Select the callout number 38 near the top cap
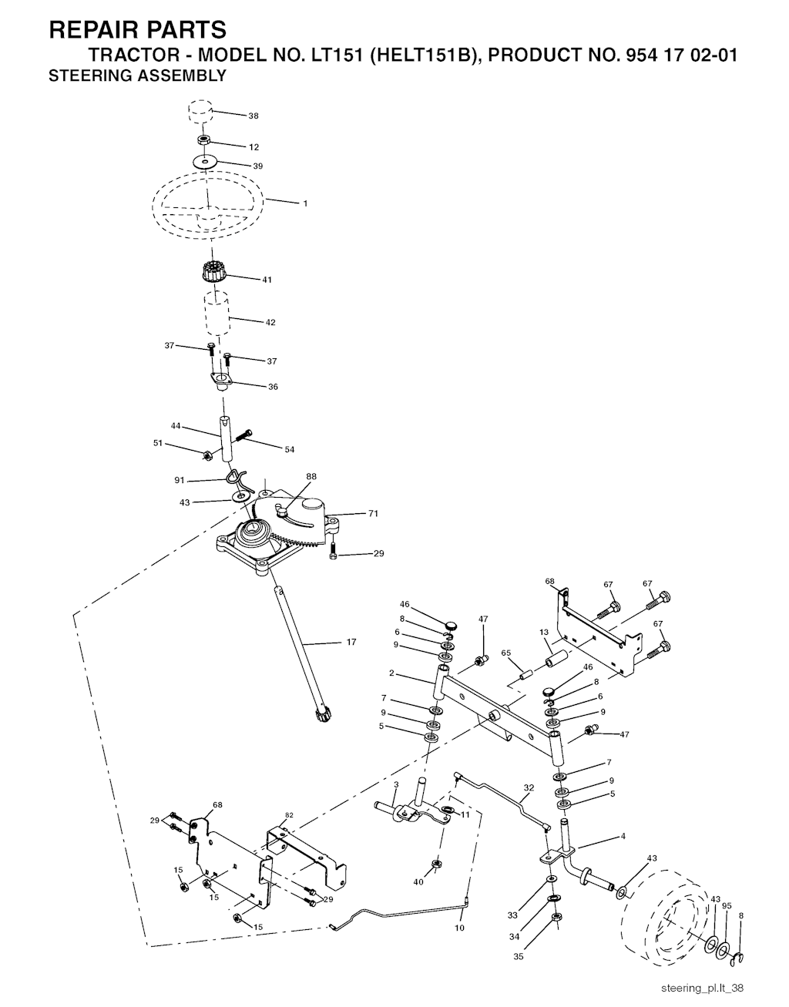[x=253, y=116]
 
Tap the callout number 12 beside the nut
[x=254, y=147]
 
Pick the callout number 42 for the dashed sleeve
[x=270, y=322]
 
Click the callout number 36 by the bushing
[x=273, y=387]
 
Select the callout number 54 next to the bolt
[x=290, y=449]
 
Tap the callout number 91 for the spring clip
[x=180, y=481]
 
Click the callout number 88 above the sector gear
[x=311, y=476]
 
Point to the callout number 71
[x=373, y=513]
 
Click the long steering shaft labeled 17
[x=300, y=657]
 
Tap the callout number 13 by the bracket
[x=544, y=632]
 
